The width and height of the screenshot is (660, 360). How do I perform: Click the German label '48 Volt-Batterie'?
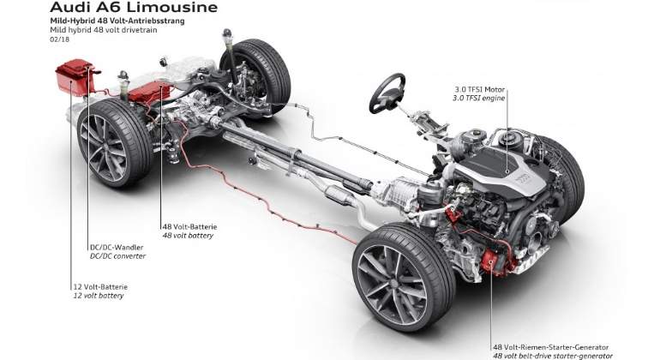coord(189,226)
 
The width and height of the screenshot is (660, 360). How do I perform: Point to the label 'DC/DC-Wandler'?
coord(117,247)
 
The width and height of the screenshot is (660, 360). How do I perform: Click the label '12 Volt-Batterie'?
coord(100,287)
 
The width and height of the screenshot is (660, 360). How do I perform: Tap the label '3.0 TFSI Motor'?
coord(479,89)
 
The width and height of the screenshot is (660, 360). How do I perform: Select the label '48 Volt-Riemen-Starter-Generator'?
coord(551,347)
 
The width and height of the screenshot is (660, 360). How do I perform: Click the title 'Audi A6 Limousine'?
coord(134,7)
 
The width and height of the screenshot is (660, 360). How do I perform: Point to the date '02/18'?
coord(59,39)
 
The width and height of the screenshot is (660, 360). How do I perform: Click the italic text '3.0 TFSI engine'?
coord(478,98)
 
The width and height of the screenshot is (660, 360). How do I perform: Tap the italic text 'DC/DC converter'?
coord(118,256)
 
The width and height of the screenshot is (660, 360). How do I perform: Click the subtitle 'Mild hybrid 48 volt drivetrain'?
coord(104,30)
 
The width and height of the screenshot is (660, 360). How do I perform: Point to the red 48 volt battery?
coord(149,93)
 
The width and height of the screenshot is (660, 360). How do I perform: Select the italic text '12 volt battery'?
coord(99,296)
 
